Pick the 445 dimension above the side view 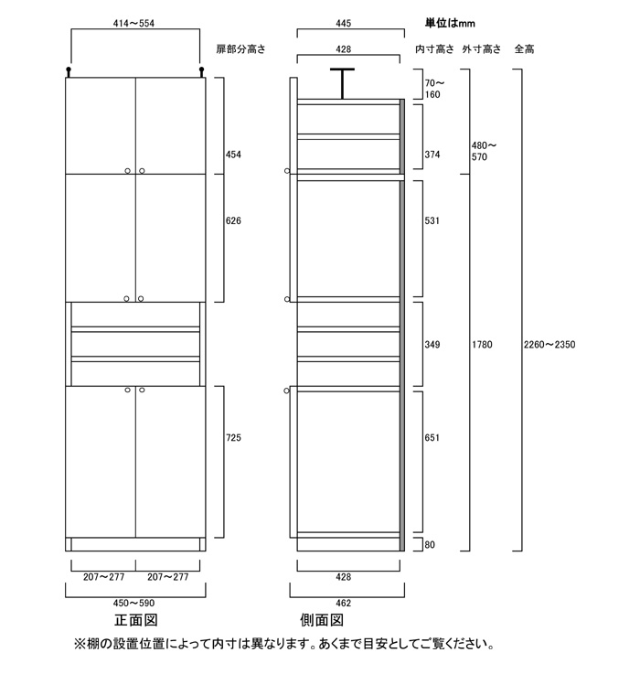pos(346,19)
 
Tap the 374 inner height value pos(432,155)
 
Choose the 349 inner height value pos(432,345)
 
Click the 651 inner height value pos(432,438)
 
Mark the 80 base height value pos(431,546)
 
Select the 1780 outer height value pos(481,345)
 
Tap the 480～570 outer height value pos(485,151)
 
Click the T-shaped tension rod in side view pos(342,82)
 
